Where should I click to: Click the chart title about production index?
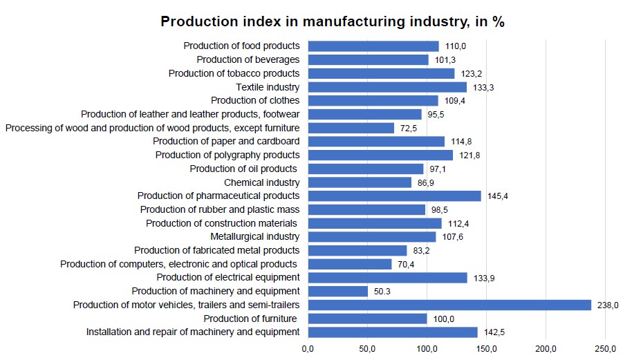click(x=332, y=21)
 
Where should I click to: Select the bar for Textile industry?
click(x=387, y=87)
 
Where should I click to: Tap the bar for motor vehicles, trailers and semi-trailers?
click(x=449, y=305)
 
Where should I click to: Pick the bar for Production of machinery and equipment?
click(x=337, y=292)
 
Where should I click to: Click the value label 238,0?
click(x=608, y=305)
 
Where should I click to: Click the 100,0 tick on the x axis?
click(x=427, y=348)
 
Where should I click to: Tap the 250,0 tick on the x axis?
click(x=606, y=348)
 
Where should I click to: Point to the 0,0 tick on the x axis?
click(x=308, y=348)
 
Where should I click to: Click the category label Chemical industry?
click(x=261, y=182)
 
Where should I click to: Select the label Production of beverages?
click(x=248, y=59)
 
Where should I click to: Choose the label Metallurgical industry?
click(x=254, y=237)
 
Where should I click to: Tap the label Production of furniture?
click(x=252, y=319)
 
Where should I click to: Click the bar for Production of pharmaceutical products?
click(x=394, y=196)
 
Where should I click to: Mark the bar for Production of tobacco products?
click(x=381, y=73)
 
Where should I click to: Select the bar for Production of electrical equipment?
click(x=387, y=278)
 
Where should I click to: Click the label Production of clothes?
click(x=255, y=101)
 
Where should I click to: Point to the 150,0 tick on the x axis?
click(x=487, y=348)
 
